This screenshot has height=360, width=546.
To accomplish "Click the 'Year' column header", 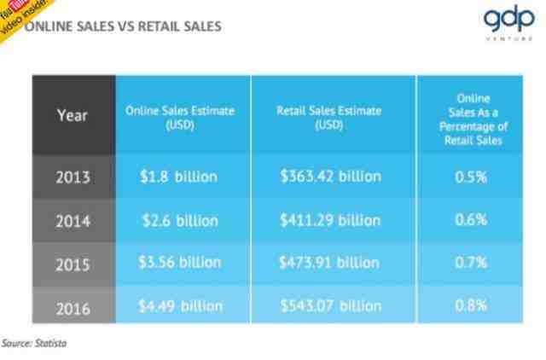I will [x=73, y=116].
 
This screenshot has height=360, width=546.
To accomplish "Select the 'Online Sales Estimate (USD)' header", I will [x=180, y=117].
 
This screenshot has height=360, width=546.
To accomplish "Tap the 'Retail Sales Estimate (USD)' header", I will [x=329, y=117].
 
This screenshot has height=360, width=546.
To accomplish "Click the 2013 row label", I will [x=73, y=177].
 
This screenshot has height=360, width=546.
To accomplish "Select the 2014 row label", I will [x=73, y=220].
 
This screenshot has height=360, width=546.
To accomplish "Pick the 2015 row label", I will [x=73, y=263].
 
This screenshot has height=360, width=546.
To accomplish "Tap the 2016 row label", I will [x=73, y=305].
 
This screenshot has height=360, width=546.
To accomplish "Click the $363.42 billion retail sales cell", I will [x=330, y=177].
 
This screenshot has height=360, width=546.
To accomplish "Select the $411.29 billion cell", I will [x=330, y=220].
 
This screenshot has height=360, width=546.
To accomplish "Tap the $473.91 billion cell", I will [x=330, y=262].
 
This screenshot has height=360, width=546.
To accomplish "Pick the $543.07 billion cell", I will [x=330, y=305].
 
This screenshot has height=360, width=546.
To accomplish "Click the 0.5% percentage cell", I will [x=471, y=177].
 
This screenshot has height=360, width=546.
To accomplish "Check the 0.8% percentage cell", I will [x=471, y=305].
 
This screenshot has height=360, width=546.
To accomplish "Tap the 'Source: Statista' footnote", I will [x=35, y=343].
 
